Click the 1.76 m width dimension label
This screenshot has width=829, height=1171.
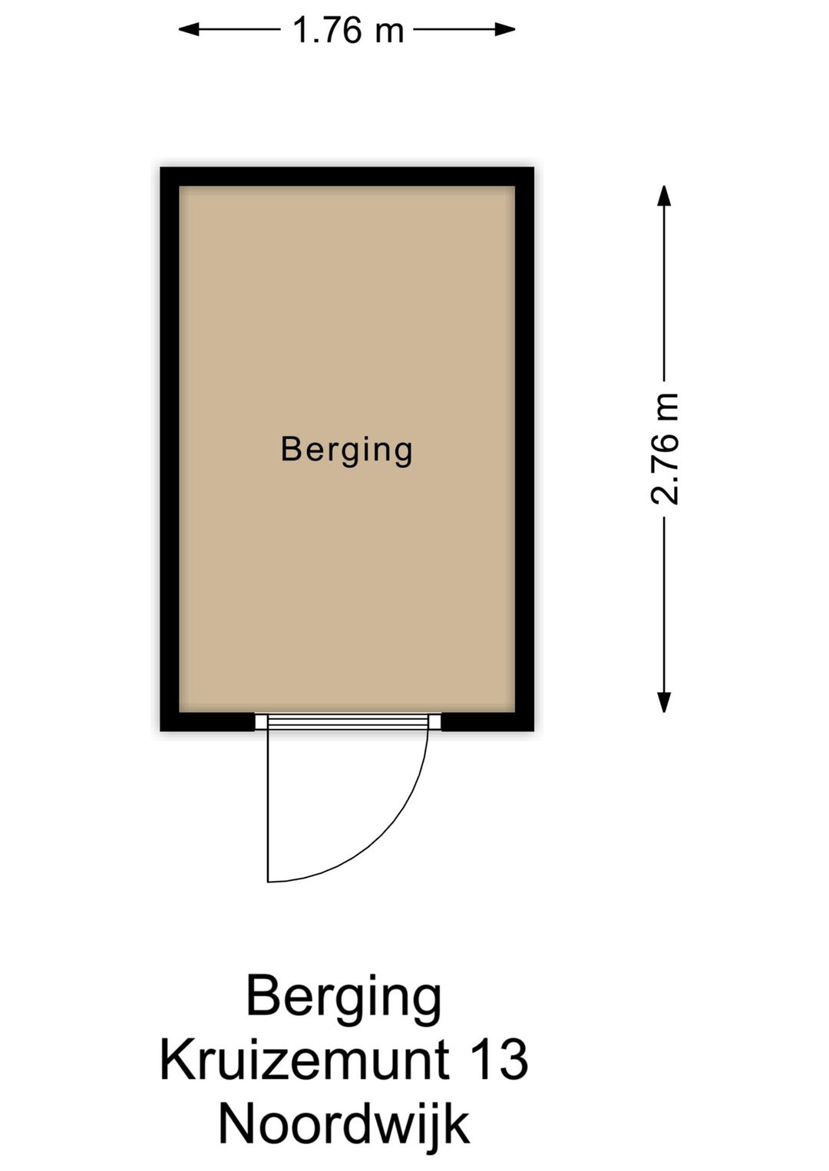[348, 31]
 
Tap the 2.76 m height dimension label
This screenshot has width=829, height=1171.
[665, 449]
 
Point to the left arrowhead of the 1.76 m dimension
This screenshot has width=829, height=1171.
[189, 30]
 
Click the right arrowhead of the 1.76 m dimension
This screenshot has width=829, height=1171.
[505, 30]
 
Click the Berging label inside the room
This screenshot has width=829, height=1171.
[347, 450]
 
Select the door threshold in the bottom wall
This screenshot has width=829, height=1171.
[348, 721]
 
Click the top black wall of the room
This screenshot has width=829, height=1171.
[347, 176]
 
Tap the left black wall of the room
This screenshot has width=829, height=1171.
[170, 449]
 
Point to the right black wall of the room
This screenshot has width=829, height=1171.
[524, 449]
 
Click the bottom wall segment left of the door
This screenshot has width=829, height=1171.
[208, 721]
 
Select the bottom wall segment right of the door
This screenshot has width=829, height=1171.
[487, 721]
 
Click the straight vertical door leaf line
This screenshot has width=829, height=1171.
[268, 806]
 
